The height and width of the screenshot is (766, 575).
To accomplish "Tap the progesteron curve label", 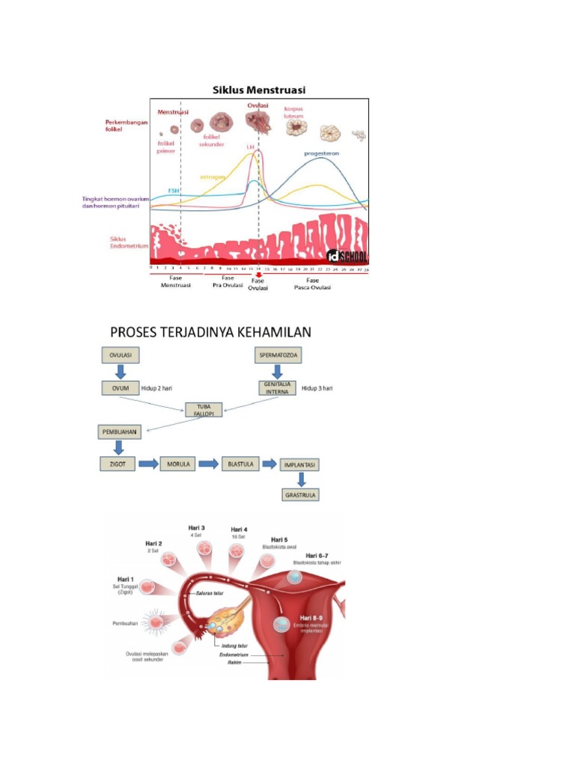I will (x=321, y=153).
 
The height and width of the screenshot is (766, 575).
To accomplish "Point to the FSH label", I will (x=173, y=190).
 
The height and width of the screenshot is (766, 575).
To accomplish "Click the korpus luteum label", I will (x=294, y=112).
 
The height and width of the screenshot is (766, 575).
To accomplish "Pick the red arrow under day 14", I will (x=258, y=274).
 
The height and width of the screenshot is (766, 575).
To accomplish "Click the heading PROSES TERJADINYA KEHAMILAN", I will (x=211, y=331).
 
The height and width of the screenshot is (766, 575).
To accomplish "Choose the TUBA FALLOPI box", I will (x=204, y=410).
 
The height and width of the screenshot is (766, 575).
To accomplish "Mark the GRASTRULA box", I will (x=299, y=494).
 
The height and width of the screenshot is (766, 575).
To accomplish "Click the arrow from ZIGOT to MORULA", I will (x=148, y=464).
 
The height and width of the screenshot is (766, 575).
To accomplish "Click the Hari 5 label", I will (x=279, y=539).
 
